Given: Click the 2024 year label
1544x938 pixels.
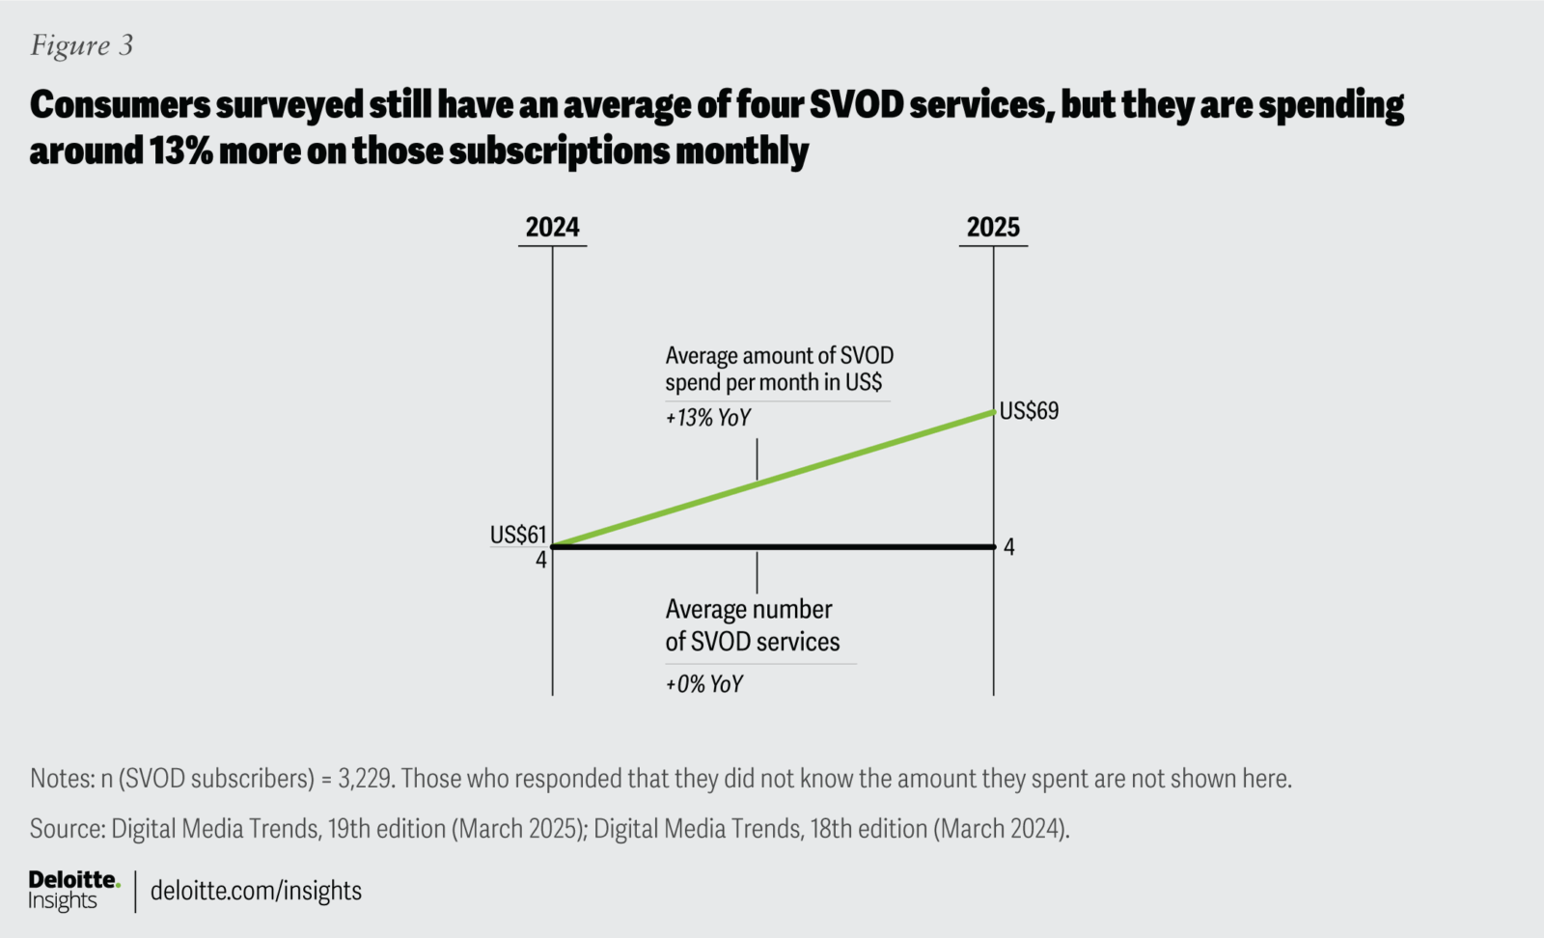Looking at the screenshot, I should [x=552, y=227].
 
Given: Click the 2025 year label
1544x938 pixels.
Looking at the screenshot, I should [x=993, y=227].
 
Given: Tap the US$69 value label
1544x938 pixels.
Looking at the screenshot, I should [x=1029, y=411].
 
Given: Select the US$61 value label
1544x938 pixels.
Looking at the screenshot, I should [x=518, y=535].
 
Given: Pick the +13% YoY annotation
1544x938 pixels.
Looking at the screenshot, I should [x=707, y=418].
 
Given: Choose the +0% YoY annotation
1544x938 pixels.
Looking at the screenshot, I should [x=703, y=684].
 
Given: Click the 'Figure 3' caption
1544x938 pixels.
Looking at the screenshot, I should [x=82, y=45].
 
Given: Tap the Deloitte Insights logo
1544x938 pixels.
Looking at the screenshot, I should [x=73, y=890].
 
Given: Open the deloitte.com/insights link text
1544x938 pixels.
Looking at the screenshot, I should [x=256, y=891].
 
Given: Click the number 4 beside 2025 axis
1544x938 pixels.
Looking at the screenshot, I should [x=1009, y=547].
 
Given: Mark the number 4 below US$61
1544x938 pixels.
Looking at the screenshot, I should [x=540, y=560].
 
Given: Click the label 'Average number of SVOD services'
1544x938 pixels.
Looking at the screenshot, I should [x=752, y=625].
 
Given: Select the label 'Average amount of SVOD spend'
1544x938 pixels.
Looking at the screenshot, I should [x=779, y=369].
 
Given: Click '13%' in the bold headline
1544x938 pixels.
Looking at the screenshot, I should [x=180, y=152].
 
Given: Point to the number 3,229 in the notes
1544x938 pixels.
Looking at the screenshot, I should [x=365, y=779].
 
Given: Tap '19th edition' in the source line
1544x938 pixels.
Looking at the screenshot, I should [x=386, y=829].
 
